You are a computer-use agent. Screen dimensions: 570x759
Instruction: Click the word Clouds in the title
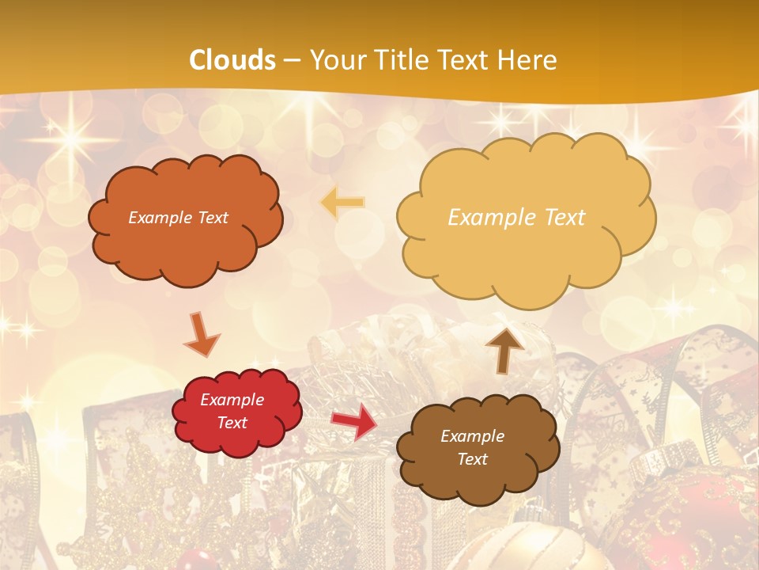232,60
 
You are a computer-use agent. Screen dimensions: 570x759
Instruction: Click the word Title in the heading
401,60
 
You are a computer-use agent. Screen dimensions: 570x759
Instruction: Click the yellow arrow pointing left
342,203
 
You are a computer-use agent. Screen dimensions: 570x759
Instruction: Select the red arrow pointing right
353,421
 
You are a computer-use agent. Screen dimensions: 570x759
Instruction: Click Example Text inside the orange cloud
178,218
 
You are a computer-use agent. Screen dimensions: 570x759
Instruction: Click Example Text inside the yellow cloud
516,218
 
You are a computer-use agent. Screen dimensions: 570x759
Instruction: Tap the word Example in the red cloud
232,400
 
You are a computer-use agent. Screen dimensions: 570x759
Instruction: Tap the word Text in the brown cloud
472,460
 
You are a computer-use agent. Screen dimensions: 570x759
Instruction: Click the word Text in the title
470,60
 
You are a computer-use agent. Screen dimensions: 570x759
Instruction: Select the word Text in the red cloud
232,423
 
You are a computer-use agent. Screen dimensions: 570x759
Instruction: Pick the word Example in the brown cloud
472,436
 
